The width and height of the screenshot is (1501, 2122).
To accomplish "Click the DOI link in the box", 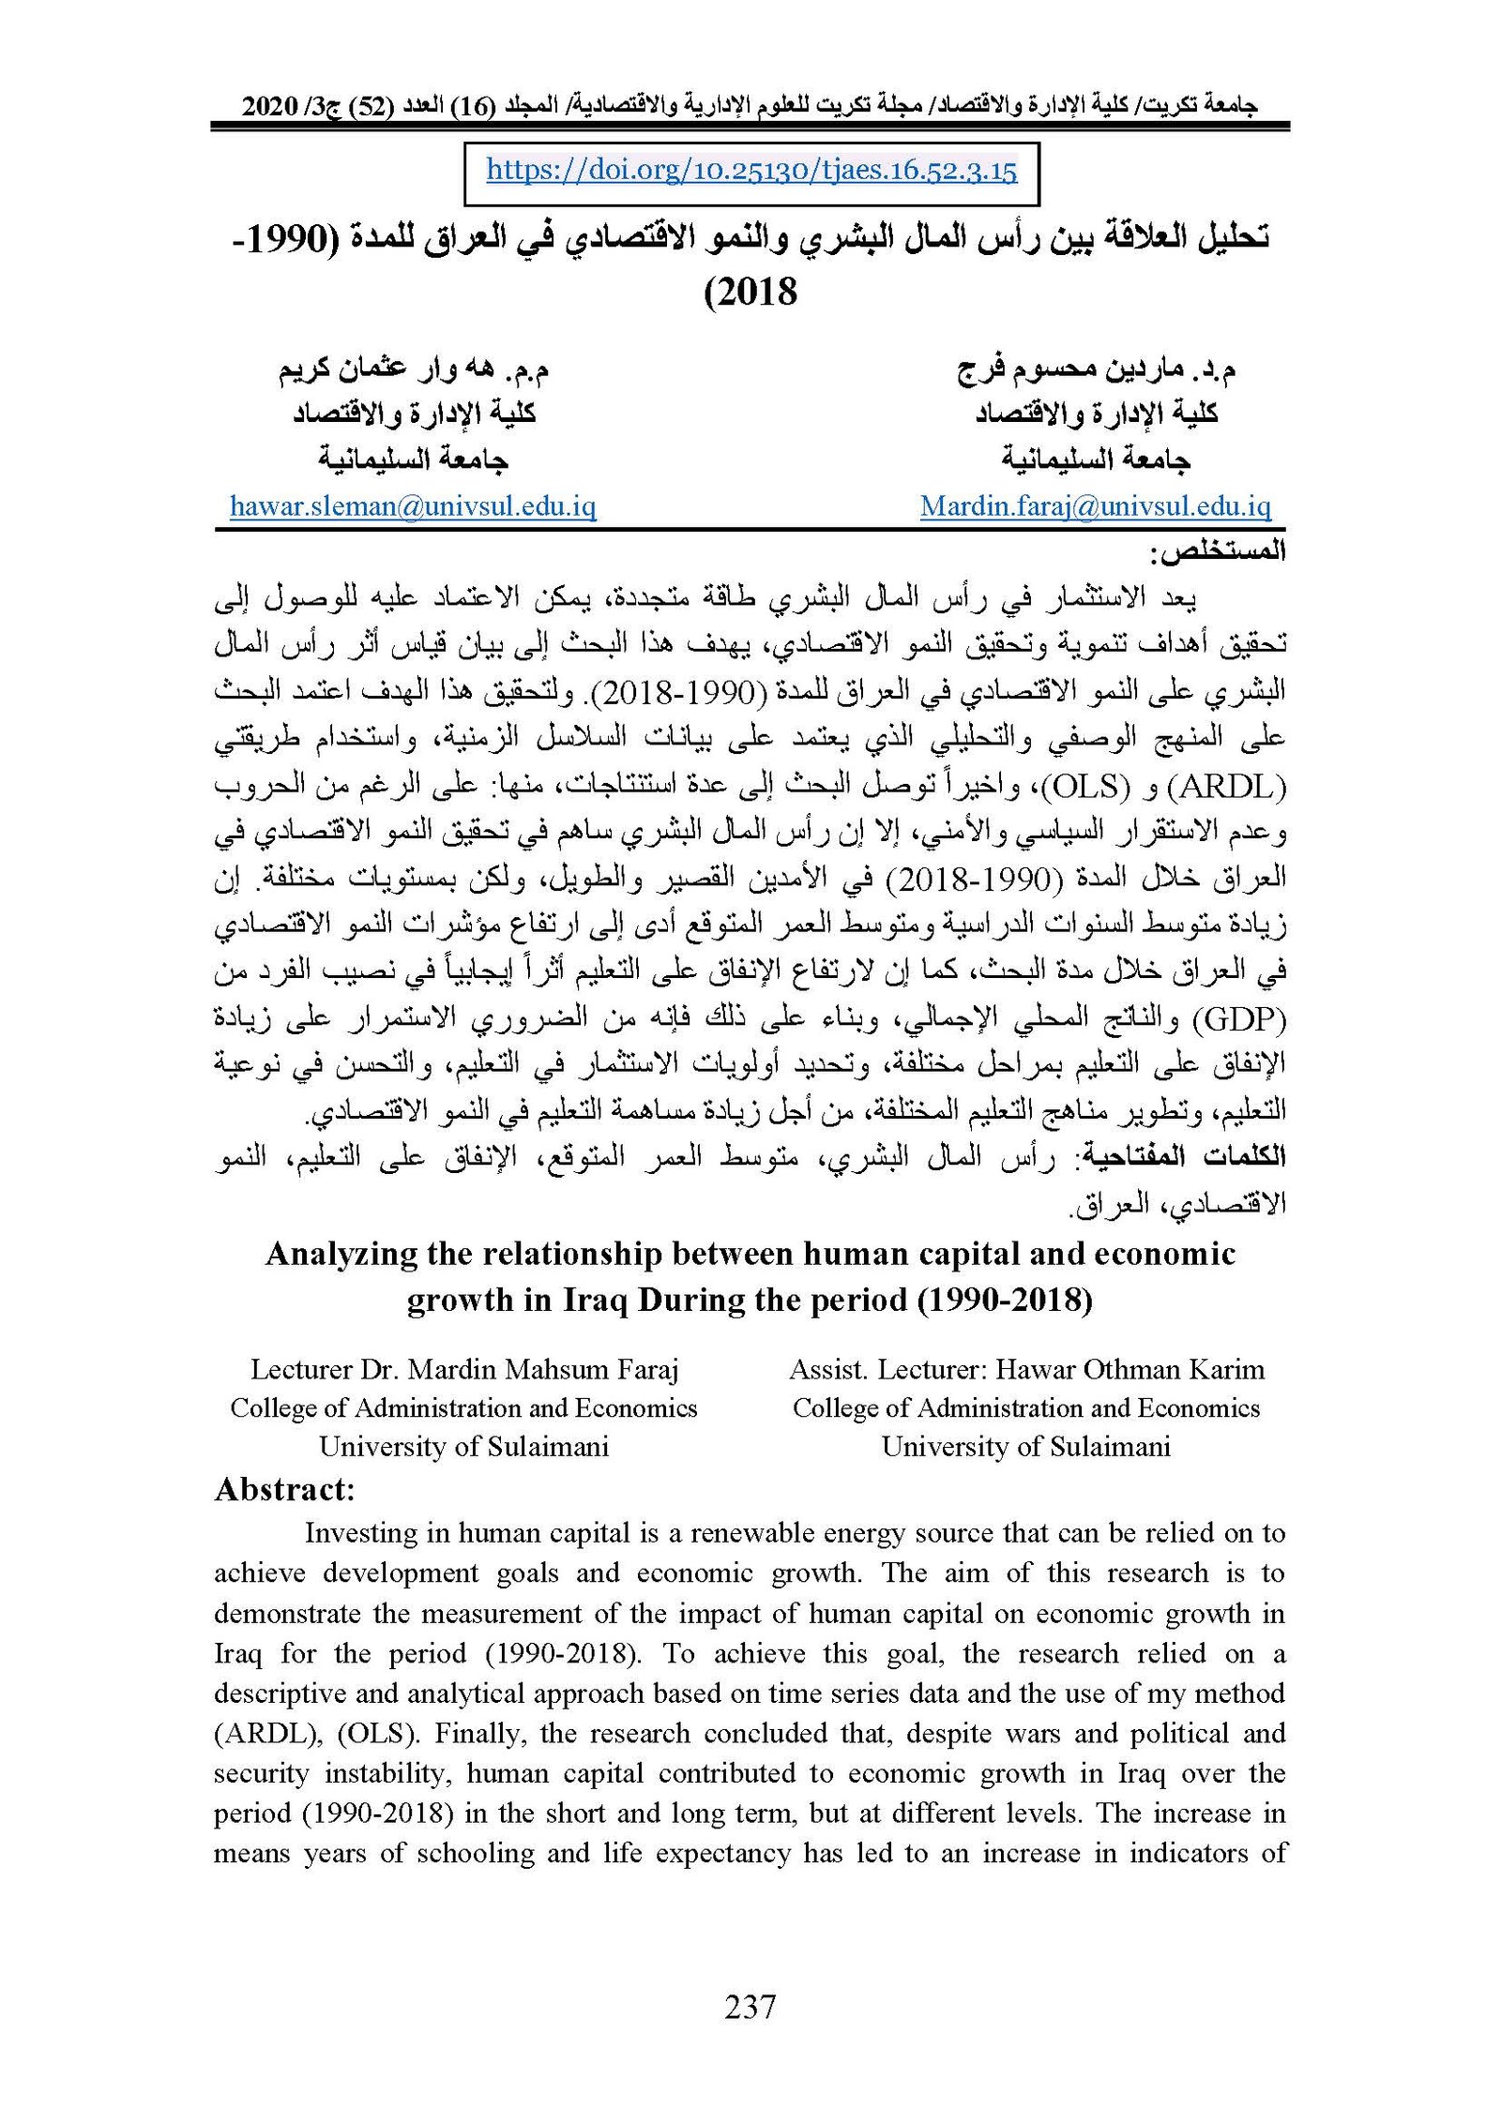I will [x=750, y=171].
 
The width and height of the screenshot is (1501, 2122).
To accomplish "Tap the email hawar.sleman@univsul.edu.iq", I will [x=413, y=507].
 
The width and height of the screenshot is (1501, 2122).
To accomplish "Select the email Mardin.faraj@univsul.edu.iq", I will [x=1095, y=507].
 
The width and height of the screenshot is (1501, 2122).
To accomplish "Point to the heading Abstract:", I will [x=284, y=1489].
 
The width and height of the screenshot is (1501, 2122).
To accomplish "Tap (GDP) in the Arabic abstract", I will [x=1239, y=1017].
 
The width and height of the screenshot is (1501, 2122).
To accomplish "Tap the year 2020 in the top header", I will [x=270, y=106].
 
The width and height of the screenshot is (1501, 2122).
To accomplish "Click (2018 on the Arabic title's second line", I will [x=750, y=292].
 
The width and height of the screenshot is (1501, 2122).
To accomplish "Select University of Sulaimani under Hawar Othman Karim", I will [x=1025, y=1447].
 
